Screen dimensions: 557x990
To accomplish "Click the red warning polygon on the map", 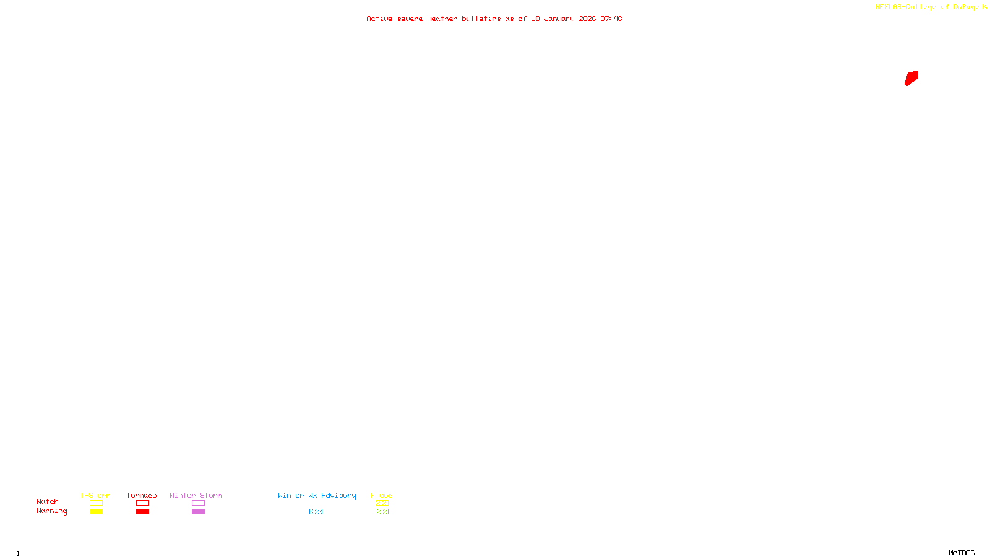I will coord(911,78).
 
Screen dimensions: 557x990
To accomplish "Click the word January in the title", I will coord(559,19).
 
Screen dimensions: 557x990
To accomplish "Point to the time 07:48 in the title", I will coord(611,19).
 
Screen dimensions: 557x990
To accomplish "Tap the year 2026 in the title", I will coord(587,19).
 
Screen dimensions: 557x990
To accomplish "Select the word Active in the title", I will coord(379,19).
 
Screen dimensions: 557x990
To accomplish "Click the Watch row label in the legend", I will coord(48,502).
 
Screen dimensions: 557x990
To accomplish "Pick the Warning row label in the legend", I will coord(51,511).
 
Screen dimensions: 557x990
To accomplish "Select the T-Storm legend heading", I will coord(95,495).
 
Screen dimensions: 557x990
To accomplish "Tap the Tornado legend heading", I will coord(142,495).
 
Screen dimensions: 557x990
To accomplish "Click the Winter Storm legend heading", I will coord(196,495).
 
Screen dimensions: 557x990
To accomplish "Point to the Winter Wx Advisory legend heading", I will coord(317,495).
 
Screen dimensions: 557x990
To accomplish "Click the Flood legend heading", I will coord(382,495).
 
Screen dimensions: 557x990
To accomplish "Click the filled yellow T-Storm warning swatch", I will coord(96,512).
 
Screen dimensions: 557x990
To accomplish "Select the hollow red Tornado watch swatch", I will coord(142,503).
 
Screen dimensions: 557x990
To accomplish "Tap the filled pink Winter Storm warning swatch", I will coord(198,512).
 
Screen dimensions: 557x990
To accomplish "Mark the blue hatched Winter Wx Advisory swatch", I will coord(316,512).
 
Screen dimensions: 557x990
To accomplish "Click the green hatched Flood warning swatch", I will coord(382,512).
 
